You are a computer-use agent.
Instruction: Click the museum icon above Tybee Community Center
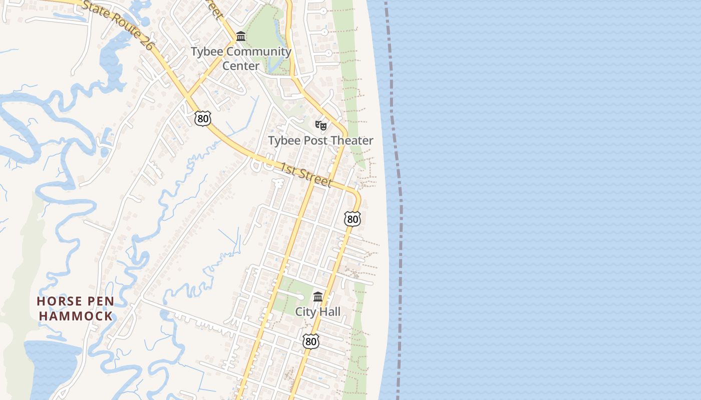[x=241, y=36]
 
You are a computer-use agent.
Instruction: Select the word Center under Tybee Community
[x=241, y=65]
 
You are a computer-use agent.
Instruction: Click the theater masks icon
[x=320, y=125]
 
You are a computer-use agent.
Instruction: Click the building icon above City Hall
[x=318, y=297]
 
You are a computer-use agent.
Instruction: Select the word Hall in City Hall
[x=329, y=312]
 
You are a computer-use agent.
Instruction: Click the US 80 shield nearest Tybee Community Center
[x=203, y=118]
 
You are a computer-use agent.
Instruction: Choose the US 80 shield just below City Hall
[x=311, y=341]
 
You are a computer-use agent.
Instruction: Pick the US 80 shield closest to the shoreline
[x=352, y=218]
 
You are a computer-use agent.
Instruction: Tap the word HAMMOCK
[x=76, y=316]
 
